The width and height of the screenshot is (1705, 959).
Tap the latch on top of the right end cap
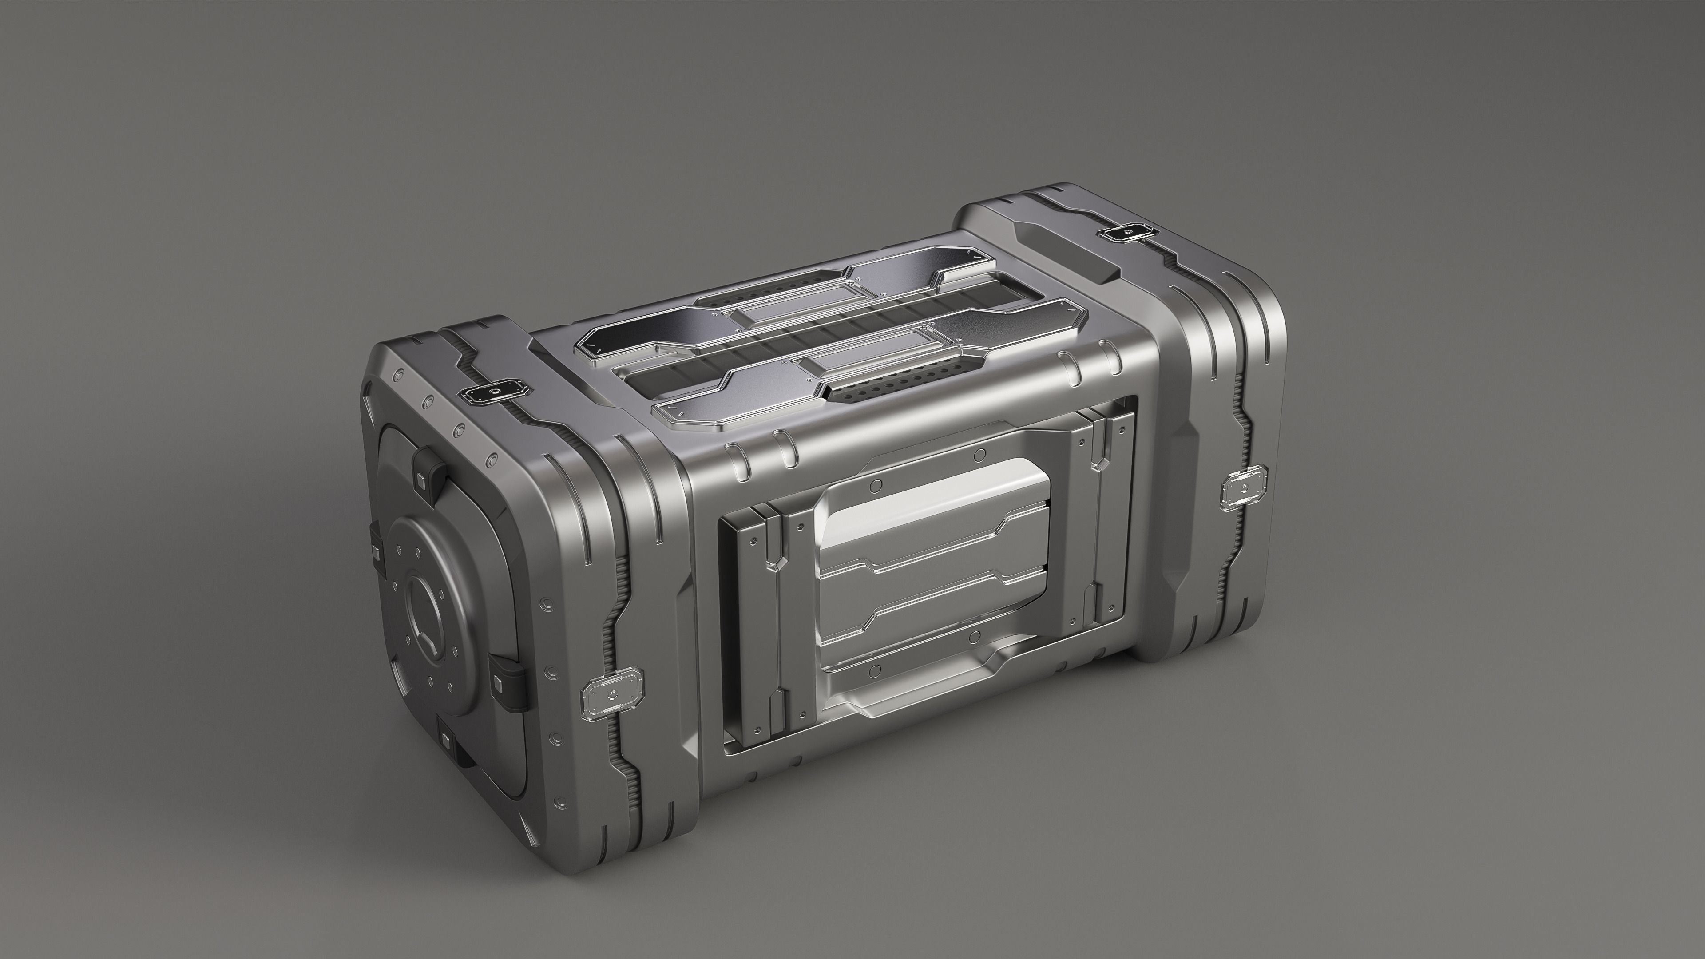(x=1125, y=232)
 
